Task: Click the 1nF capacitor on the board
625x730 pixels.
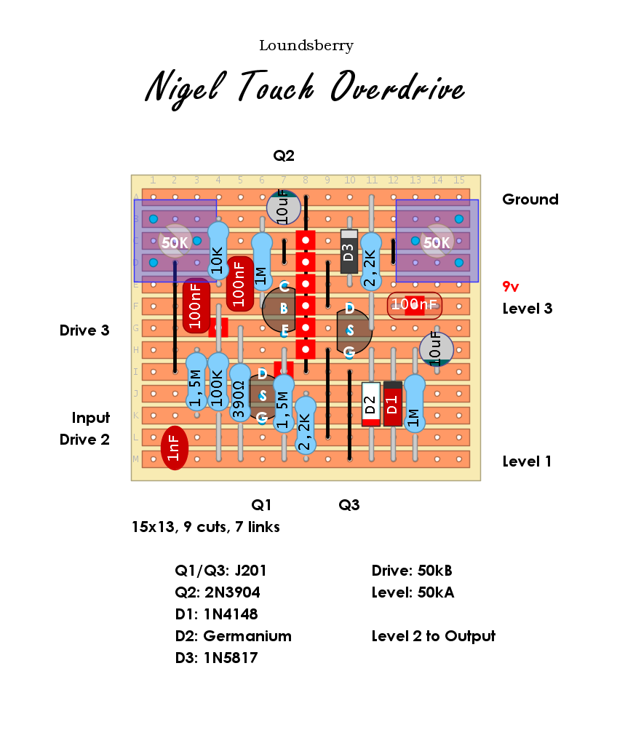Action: tap(175, 448)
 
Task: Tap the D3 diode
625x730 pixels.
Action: tap(349, 252)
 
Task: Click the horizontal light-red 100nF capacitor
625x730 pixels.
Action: tap(414, 305)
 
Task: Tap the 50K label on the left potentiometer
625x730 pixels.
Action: tap(175, 243)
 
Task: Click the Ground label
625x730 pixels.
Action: tap(530, 199)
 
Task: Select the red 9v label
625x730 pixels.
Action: tap(511, 287)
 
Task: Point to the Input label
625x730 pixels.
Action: tap(90, 418)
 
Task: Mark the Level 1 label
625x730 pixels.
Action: tap(527, 461)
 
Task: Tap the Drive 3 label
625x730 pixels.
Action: tap(84, 330)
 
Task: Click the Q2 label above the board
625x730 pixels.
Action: tap(284, 156)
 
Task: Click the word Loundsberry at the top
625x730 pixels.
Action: tap(306, 46)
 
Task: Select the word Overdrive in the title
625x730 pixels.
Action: tap(397, 89)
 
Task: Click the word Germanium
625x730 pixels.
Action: tap(247, 636)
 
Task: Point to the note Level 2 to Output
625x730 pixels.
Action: tap(433, 636)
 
